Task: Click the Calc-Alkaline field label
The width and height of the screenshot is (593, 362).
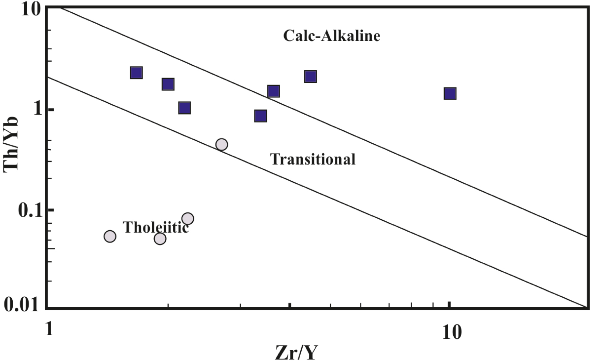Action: [331, 36]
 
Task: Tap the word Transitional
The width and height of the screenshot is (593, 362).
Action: [313, 159]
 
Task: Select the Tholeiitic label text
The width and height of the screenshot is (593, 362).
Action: [156, 227]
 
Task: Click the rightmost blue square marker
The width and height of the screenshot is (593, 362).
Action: [450, 93]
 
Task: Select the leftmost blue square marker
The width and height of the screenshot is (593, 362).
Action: [136, 73]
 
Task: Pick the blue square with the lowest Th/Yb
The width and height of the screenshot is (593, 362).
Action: [260, 116]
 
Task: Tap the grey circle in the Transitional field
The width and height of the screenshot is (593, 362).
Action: [222, 144]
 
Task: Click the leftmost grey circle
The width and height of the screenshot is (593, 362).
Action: [110, 236]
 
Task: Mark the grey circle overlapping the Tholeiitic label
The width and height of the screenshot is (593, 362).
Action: [188, 218]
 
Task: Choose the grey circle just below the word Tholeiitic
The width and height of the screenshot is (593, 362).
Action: [160, 238]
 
